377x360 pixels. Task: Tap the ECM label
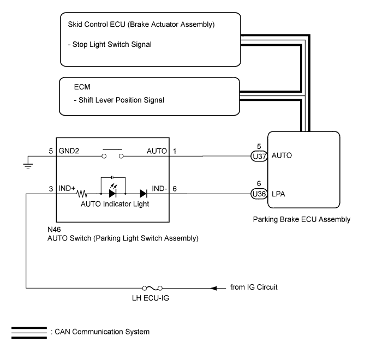pyautogui.click(x=82, y=87)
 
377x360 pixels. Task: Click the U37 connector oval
pyautogui.click(x=258, y=156)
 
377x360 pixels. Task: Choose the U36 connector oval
pyautogui.click(x=258, y=194)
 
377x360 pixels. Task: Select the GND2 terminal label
pyautogui.click(x=67, y=151)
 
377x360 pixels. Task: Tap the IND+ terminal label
pyautogui.click(x=67, y=188)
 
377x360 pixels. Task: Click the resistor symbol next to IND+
pyautogui.click(x=83, y=194)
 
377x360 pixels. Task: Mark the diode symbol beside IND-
pyautogui.click(x=143, y=194)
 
